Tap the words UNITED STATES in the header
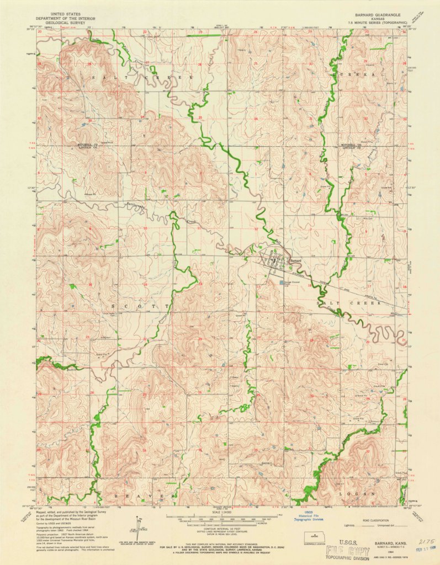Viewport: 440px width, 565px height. tap(64, 12)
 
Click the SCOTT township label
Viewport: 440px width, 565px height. tap(140, 305)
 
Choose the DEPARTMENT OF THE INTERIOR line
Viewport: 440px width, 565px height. tap(64, 17)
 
